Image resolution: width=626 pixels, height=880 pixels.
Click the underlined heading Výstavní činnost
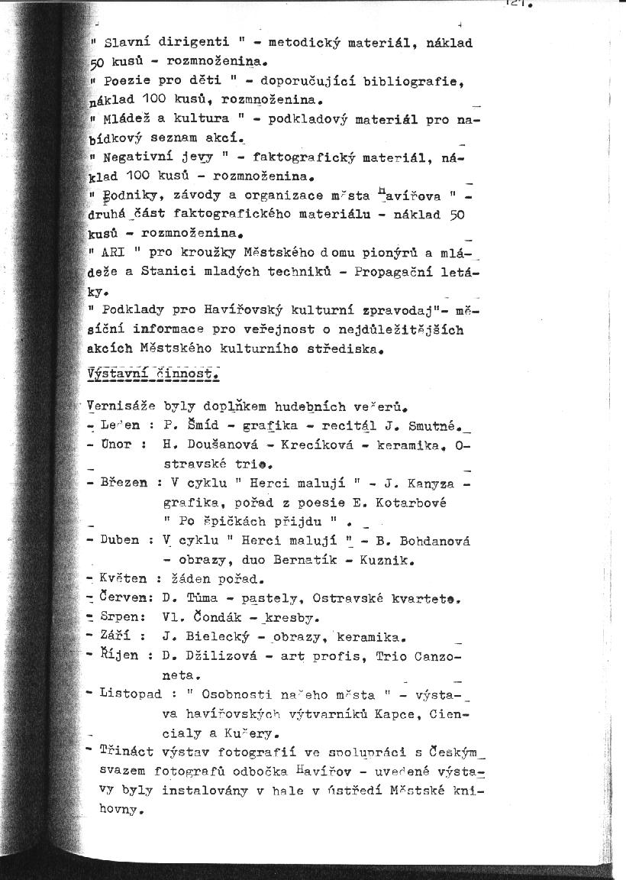153,374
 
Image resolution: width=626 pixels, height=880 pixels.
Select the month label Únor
116,444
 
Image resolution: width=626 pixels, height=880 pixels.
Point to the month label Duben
120,540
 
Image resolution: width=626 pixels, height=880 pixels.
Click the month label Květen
124,578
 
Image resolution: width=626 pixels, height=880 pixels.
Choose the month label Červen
124,597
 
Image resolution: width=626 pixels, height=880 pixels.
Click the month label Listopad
131,694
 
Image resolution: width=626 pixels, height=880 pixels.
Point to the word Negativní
137,157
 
